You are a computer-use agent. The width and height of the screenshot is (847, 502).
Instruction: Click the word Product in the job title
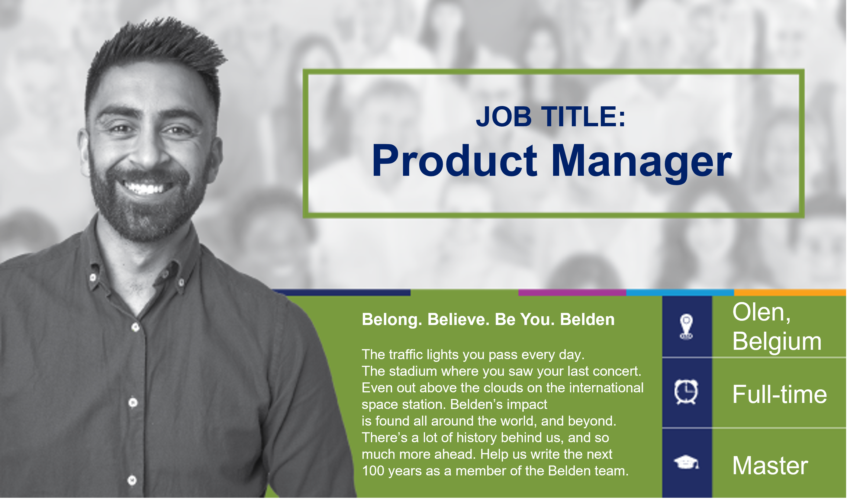click(x=454, y=161)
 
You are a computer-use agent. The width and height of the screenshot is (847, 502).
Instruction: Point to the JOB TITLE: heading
click(x=551, y=117)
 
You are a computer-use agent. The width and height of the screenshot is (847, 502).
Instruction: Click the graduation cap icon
click(x=686, y=463)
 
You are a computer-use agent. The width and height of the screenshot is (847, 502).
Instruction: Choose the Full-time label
click(x=780, y=394)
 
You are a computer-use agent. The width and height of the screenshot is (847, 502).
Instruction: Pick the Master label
click(x=770, y=466)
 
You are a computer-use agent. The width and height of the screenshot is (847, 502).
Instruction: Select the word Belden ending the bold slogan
click(x=588, y=320)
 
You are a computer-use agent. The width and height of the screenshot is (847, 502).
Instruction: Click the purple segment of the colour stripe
click(x=572, y=293)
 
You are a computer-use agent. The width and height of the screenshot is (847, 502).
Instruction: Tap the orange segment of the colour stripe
click(x=791, y=293)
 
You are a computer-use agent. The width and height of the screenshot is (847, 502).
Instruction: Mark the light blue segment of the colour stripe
click(x=680, y=293)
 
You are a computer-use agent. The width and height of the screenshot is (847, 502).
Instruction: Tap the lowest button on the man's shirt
click(x=132, y=481)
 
